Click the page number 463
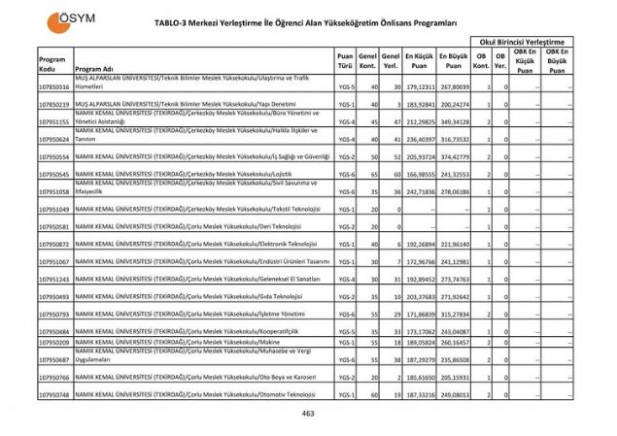tap(308, 414)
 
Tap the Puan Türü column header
tap(344, 62)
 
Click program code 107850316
tap(54, 86)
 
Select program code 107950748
tap(54, 395)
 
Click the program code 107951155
tap(54, 121)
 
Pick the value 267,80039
tap(453, 86)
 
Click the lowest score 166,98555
tap(419, 174)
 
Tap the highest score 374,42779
tap(453, 156)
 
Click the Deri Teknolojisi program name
tap(194, 226)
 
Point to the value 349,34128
tap(453, 121)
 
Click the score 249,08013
tap(453, 395)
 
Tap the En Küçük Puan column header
tap(419, 62)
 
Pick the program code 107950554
tap(54, 156)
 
